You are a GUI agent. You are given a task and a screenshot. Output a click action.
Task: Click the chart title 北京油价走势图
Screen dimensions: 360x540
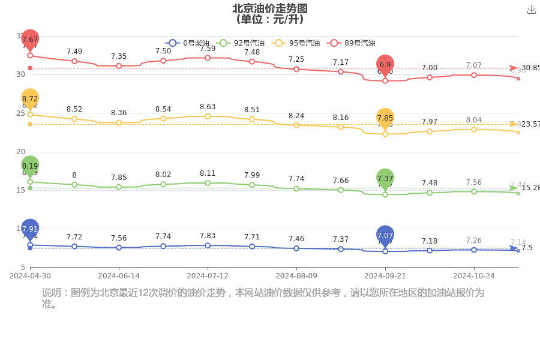(270, 8)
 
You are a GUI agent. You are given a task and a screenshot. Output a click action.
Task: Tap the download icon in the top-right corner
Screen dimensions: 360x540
(531, 9)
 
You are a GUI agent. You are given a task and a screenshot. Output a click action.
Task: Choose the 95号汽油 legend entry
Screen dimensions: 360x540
(295, 43)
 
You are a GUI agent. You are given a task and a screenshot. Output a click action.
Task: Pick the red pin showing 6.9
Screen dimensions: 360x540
(385, 64)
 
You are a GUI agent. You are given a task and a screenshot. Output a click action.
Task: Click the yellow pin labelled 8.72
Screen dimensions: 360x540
(30, 98)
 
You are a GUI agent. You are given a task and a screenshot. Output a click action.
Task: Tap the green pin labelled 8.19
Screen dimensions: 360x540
(30, 166)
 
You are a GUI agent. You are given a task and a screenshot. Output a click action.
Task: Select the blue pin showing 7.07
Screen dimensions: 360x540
(385, 236)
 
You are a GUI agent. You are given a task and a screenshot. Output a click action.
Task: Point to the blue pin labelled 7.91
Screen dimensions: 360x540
(30, 229)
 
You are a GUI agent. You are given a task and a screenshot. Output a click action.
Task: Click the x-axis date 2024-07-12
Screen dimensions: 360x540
(208, 276)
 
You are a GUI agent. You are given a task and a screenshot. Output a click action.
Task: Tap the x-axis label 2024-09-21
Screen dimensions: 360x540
(385, 276)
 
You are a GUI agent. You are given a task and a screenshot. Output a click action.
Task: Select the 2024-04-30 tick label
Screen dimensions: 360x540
(30, 276)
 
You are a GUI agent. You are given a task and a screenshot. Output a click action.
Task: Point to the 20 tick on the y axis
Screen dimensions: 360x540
(20, 152)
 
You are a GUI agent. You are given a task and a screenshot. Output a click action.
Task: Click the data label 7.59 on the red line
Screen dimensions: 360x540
(208, 49)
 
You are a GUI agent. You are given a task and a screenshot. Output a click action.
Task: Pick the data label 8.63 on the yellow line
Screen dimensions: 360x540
(208, 107)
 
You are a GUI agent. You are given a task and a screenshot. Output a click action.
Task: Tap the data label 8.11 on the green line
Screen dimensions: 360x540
(208, 173)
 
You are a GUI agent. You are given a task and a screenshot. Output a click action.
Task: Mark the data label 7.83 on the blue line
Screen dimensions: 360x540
(208, 236)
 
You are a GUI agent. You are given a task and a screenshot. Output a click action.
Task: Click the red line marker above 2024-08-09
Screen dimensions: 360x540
(296, 70)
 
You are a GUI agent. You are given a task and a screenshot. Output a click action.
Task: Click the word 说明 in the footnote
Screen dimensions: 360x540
(51, 293)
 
